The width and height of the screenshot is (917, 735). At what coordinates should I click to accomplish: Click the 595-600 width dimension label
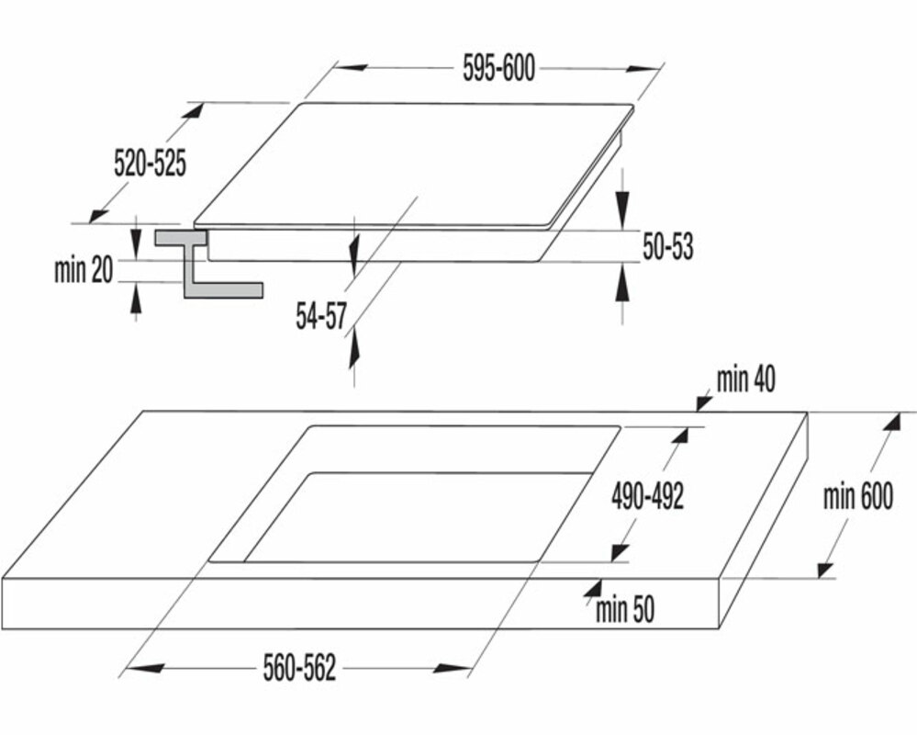click(499, 70)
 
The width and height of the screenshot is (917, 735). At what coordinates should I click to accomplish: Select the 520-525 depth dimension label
click(150, 164)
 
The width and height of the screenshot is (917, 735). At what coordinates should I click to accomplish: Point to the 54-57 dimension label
click(320, 317)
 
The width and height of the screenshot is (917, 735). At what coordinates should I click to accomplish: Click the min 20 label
click(83, 270)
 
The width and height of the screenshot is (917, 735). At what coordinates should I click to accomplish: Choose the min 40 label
click(744, 380)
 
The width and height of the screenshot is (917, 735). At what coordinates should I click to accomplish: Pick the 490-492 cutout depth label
click(647, 497)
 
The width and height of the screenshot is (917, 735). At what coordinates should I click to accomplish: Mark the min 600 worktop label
click(857, 497)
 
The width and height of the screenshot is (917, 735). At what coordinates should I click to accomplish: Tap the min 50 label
click(625, 610)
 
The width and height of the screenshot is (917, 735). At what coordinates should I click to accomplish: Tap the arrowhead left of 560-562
click(135, 669)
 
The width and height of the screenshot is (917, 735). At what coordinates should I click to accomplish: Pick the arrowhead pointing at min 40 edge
click(702, 401)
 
